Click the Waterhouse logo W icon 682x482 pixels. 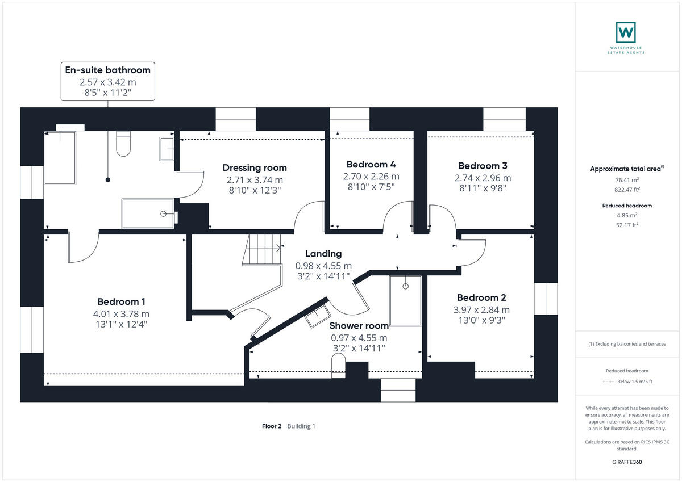click(x=626, y=32)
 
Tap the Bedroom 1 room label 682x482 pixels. click(x=125, y=301)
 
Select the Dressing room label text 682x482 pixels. click(x=255, y=167)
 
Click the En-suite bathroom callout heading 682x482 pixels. click(x=108, y=70)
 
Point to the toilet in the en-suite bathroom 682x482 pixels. click(x=123, y=144)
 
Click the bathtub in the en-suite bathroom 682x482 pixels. click(x=60, y=157)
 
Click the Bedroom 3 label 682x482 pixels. click(x=483, y=166)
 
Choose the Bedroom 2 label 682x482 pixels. click(x=481, y=297)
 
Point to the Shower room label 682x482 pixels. click(x=359, y=325)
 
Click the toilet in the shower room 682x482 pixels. click(x=338, y=366)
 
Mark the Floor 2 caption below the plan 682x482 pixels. click(x=272, y=426)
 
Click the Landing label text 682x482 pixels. click(x=323, y=253)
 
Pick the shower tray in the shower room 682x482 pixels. click(x=406, y=301)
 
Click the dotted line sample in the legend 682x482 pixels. click(x=608, y=382)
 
